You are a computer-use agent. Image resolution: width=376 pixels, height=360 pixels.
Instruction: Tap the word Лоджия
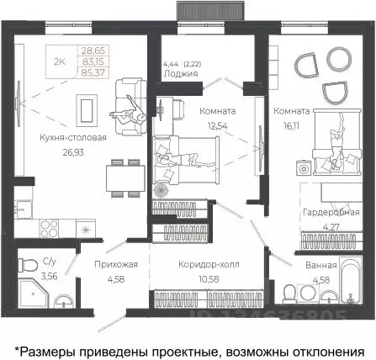tap(181, 73)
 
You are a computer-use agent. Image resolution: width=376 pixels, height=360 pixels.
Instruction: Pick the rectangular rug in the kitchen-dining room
tap(86, 108)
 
